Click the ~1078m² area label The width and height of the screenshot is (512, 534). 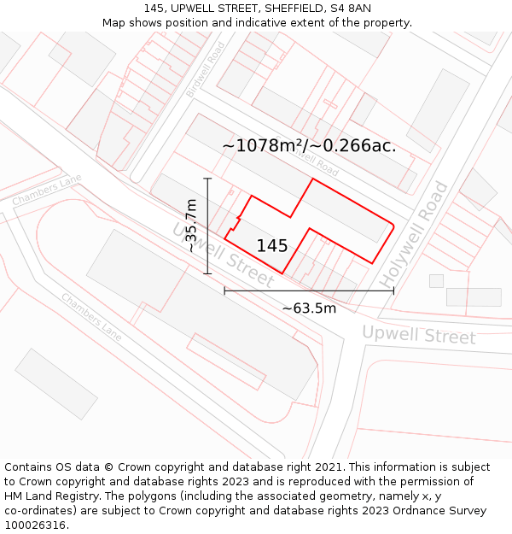click(309, 145)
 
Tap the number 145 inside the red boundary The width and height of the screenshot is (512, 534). click(272, 246)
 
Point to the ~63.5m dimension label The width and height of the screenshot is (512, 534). click(309, 308)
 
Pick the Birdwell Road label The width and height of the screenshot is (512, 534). click(205, 68)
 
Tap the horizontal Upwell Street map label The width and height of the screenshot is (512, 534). click(418, 334)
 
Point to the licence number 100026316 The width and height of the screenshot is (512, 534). click(36, 525)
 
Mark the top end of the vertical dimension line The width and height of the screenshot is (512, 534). click(207, 178)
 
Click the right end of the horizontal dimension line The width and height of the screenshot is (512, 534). click(393, 290)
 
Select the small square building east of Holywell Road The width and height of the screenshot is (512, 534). click(436, 280)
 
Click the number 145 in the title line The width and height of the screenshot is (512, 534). click(154, 9)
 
